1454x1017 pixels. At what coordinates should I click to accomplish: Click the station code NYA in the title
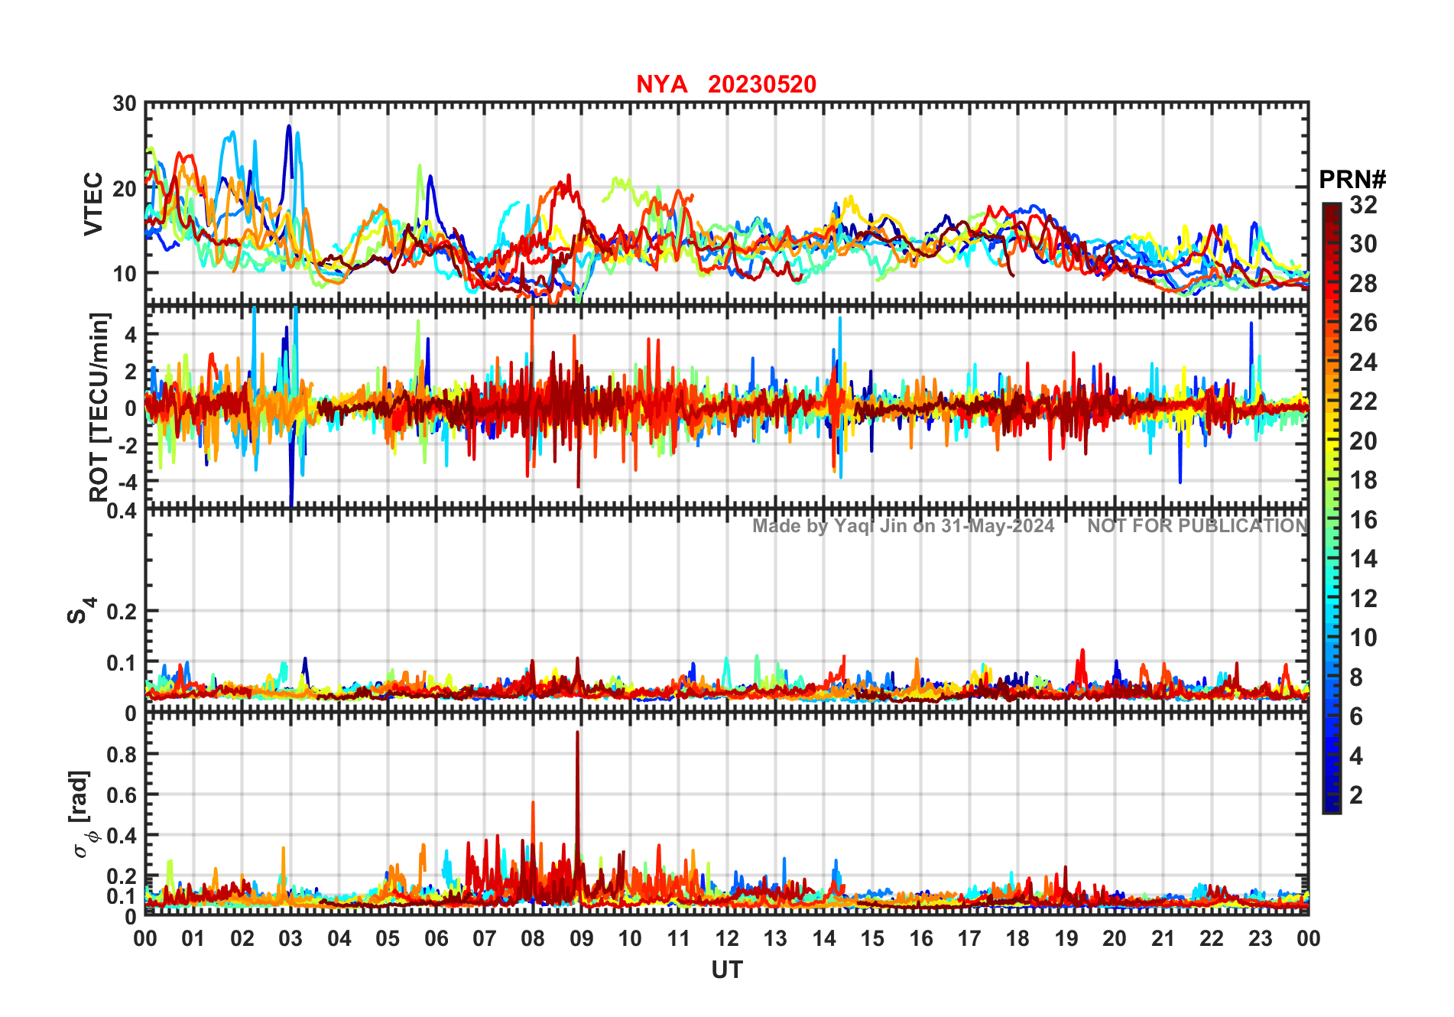661,84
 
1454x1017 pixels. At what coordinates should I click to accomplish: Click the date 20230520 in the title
761,84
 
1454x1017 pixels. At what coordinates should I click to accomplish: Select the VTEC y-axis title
93,203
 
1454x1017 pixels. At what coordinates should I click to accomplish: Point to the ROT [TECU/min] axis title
99,407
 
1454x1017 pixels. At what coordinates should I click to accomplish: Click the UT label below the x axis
726,970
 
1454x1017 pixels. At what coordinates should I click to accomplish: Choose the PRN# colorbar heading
1352,180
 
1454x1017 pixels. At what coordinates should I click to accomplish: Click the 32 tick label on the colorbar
1363,205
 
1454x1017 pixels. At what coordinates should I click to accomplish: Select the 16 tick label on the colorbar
1363,520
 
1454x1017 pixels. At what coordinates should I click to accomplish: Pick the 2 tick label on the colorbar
1356,795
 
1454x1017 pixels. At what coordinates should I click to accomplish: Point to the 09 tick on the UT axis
581,938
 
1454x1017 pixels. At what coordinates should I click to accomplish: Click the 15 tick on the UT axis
872,938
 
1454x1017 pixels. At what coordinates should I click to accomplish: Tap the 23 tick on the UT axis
1260,938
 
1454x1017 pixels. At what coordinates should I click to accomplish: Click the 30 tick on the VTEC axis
125,104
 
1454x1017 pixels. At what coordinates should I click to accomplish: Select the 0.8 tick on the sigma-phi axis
121,754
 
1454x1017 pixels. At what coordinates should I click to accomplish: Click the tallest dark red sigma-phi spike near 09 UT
577,734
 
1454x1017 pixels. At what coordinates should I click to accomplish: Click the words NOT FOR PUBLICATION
1197,526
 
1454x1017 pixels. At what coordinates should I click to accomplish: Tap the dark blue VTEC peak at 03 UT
289,126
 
